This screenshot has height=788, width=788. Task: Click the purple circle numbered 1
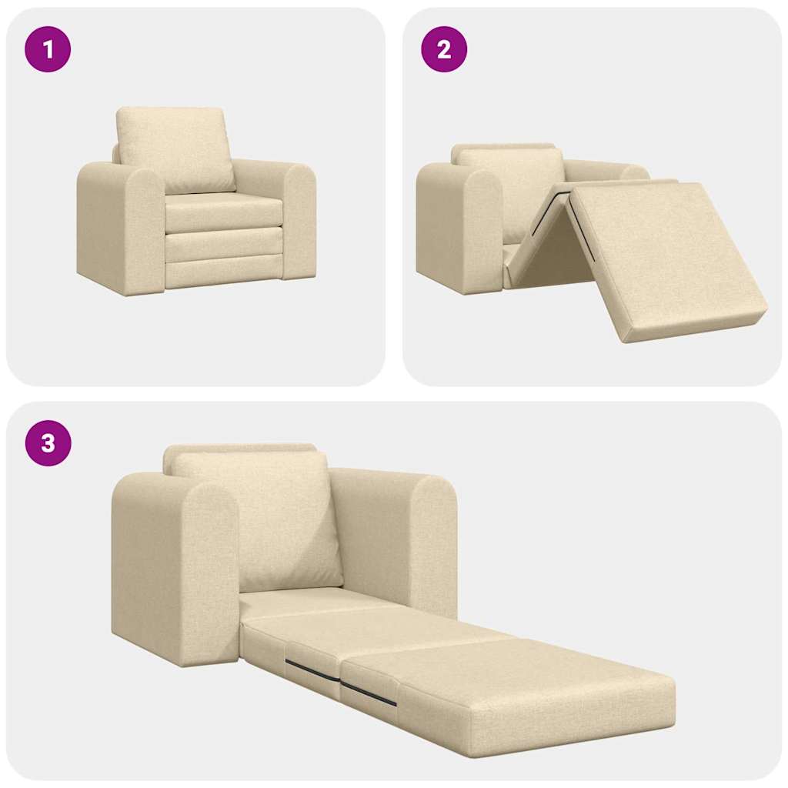click(48, 50)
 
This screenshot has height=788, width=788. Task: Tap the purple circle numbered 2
click(444, 50)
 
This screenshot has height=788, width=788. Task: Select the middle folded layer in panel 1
click(223, 244)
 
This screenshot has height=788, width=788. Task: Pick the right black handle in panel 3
click(369, 693)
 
